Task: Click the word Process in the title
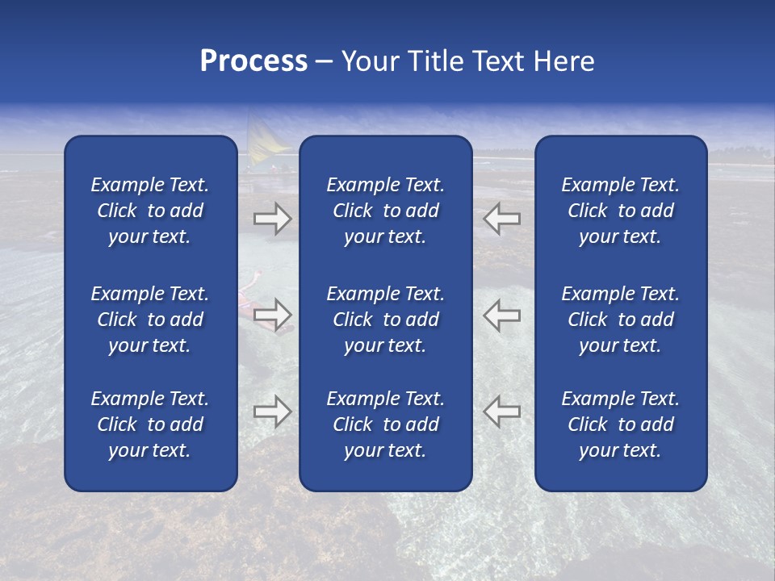coord(253,61)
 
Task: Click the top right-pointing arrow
coord(272,218)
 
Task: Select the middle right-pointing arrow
coord(272,315)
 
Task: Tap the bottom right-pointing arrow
coord(272,411)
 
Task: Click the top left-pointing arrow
coord(501,218)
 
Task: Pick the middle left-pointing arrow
coord(501,315)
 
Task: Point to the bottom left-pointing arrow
coord(501,411)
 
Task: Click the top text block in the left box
coord(150,211)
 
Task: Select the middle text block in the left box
coord(150,320)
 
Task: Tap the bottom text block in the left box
coord(150,424)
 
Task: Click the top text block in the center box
coord(385,211)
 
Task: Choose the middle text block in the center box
coord(385,320)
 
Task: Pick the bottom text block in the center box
coord(385,424)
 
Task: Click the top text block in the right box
coord(620,211)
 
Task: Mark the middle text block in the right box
coord(620,320)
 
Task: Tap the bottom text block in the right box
coord(620,424)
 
